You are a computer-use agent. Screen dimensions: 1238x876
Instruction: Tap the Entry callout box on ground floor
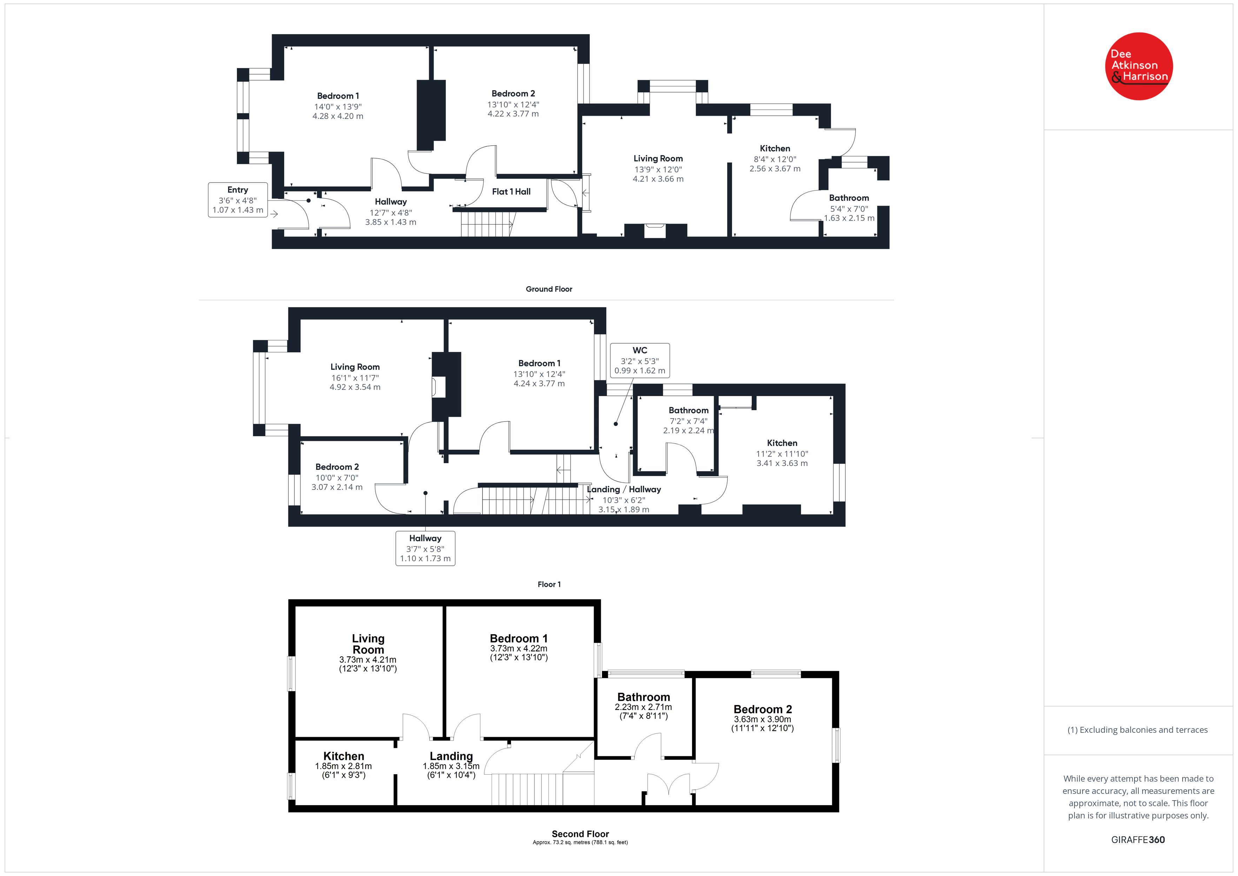[x=238, y=200]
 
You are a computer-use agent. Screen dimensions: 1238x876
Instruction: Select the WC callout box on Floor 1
[x=640, y=360]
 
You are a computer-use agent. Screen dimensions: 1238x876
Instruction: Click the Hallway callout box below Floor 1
[x=425, y=548]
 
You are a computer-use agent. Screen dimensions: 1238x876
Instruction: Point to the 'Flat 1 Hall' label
[x=511, y=192]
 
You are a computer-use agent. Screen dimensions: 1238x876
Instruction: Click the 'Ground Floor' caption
[x=549, y=289]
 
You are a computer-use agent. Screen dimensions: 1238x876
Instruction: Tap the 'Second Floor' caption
[x=580, y=834]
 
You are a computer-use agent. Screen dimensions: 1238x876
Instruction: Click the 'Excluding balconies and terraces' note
[x=1138, y=730]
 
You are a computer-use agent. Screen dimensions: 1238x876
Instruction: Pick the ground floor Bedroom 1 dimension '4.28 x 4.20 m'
[x=338, y=116]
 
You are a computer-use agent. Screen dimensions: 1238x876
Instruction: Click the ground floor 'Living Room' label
[x=658, y=159]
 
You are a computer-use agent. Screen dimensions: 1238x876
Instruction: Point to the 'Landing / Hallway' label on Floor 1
[x=624, y=489]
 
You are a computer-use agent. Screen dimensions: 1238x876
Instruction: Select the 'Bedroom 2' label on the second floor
[x=763, y=709]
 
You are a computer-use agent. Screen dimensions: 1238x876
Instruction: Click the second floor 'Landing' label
[x=451, y=756]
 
